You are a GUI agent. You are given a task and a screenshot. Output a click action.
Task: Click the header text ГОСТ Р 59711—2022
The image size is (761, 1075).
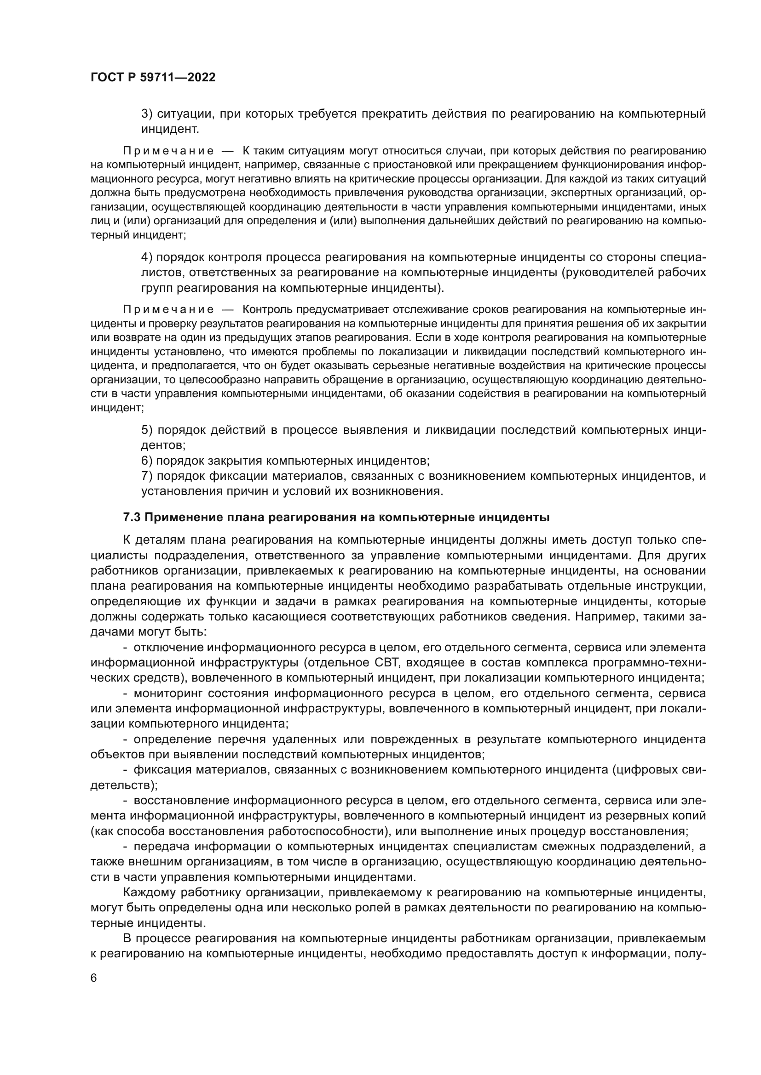[x=153, y=78]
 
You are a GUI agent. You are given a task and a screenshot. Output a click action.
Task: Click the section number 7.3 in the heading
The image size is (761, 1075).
[x=132, y=518]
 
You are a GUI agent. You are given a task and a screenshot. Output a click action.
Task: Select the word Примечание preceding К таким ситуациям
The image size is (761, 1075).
[x=169, y=151]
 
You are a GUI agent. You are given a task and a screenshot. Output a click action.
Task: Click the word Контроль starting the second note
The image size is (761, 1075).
[x=267, y=309]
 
